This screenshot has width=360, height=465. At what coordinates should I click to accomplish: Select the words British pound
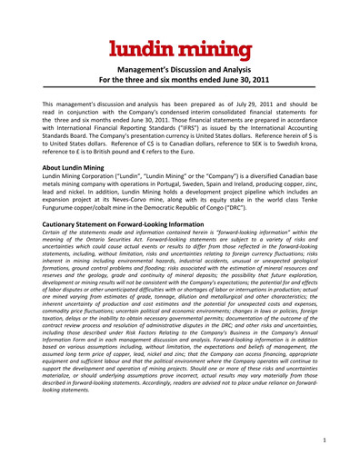click(110, 155)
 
